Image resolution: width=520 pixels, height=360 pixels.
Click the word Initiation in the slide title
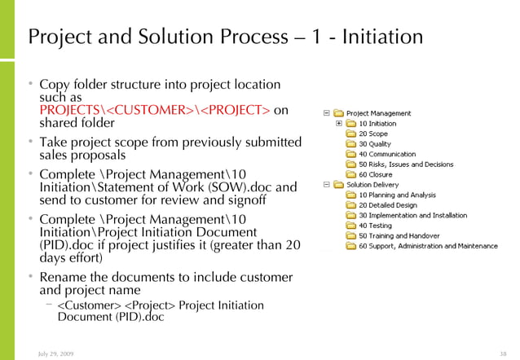[x=381, y=37]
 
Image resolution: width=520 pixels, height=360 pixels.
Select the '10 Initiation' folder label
[x=377, y=124]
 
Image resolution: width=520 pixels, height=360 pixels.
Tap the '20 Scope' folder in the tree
[x=373, y=134]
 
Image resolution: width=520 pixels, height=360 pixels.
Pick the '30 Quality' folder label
[x=375, y=143]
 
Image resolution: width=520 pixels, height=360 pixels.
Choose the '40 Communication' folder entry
[x=386, y=153]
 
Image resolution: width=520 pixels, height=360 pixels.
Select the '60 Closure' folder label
[x=376, y=173]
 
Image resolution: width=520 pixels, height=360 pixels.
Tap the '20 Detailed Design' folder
[x=389, y=205]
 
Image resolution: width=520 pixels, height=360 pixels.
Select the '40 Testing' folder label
[x=376, y=226]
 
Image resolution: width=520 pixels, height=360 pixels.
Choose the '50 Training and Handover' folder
[x=397, y=235]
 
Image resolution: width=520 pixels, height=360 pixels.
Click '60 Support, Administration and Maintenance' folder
[x=428, y=246]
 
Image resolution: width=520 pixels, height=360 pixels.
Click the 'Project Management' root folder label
[x=378, y=113]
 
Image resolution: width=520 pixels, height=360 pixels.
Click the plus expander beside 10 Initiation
[x=339, y=124]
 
